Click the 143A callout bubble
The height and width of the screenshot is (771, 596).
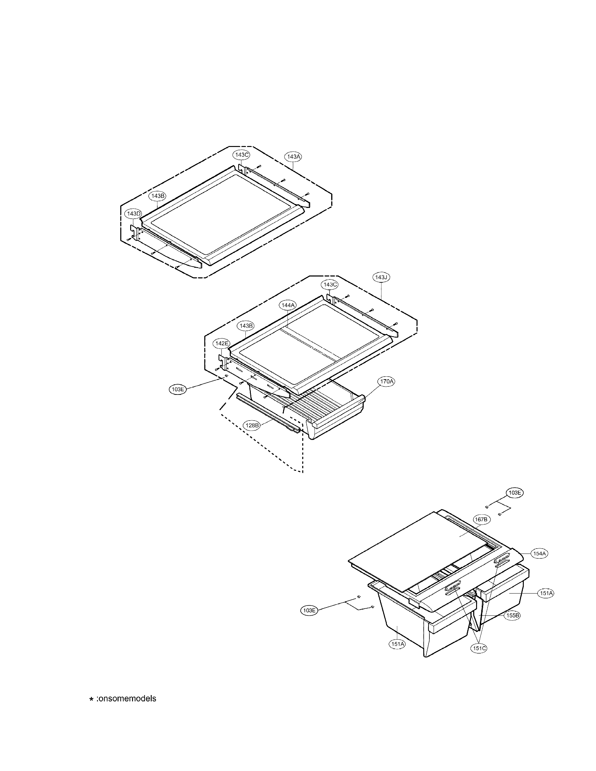tap(294, 157)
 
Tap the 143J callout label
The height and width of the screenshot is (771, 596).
tap(381, 278)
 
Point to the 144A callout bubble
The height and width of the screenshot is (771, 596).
tap(288, 305)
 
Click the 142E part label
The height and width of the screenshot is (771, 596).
tap(221, 343)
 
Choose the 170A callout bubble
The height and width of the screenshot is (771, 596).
tap(386, 381)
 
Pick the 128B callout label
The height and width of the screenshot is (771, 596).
tap(252, 425)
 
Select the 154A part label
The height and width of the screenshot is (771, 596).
tap(539, 553)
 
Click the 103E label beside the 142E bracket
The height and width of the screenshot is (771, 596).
tap(178, 390)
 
